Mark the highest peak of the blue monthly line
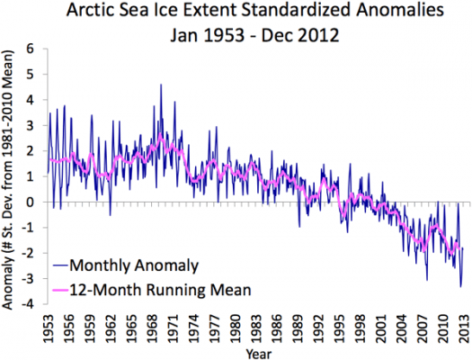[161, 85]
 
